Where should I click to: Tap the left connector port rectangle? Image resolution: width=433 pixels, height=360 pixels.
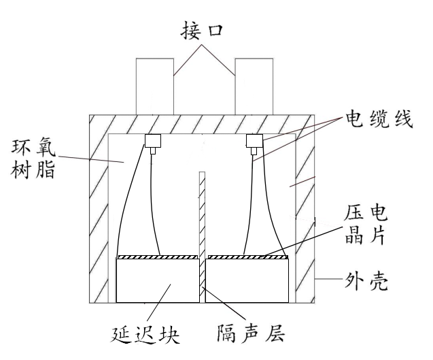point(155,86)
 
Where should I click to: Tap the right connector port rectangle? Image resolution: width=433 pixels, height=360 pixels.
point(254,86)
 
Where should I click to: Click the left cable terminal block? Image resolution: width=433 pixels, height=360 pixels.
point(152,141)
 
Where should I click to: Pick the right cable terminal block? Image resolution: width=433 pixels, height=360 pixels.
point(254,141)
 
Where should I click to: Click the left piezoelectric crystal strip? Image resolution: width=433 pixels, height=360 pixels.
point(158,258)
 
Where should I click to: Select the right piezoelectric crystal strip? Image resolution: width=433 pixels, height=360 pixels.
point(248,258)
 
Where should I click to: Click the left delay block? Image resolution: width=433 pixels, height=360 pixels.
point(158,281)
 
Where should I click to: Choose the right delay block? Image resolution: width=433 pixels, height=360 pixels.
point(248,281)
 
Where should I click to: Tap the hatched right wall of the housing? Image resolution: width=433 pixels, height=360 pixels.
point(306,218)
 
